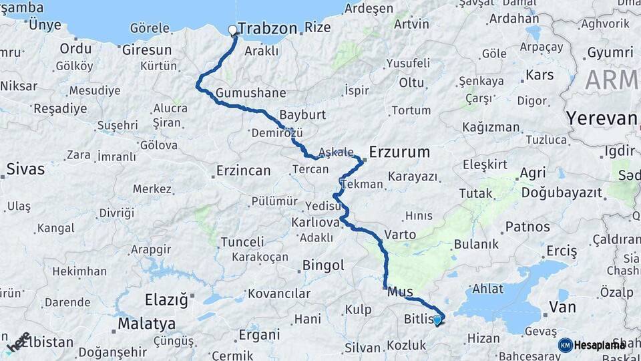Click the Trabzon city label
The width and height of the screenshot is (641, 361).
(267, 29)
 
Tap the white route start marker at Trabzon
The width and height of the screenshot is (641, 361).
(233, 29)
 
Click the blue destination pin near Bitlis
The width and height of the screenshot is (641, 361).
(437, 320)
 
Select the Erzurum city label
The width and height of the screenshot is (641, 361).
(399, 152)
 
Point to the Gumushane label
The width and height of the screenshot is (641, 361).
(251, 93)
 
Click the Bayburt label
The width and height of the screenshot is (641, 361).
(302, 114)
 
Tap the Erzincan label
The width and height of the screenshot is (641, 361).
(243, 170)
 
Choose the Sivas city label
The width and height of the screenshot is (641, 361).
(25, 168)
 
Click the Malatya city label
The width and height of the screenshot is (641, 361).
(147, 324)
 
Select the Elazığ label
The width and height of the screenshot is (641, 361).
(167, 299)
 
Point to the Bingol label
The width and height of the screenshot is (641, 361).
(323, 265)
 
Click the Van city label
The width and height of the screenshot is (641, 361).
(562, 308)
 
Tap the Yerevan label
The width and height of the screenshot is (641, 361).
(602, 118)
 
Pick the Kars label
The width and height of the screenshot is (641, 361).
(540, 75)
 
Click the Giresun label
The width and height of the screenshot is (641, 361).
(147, 49)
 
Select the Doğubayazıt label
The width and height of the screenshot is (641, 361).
(562, 193)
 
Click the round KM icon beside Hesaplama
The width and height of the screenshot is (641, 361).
(565, 345)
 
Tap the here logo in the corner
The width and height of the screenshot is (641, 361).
(18, 342)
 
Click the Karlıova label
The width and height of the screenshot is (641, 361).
(312, 221)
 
